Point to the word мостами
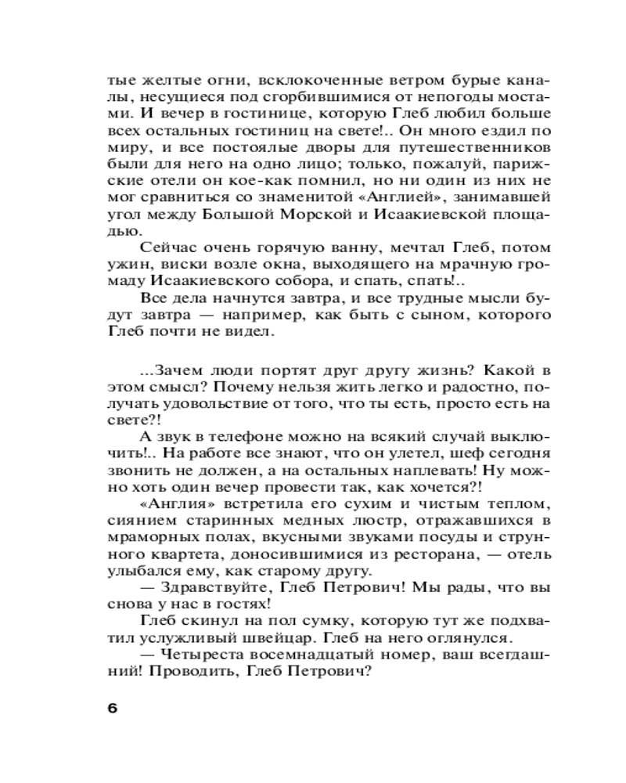516,98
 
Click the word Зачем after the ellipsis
180,370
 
